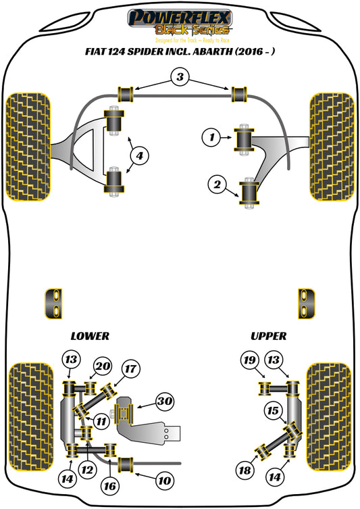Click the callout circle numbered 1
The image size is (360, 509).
(211, 138)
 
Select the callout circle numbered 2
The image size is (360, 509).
(217, 183)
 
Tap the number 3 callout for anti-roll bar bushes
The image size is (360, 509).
(180, 78)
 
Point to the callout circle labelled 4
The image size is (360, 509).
(138, 157)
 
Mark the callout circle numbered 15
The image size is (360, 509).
(273, 410)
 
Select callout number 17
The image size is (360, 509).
(130, 369)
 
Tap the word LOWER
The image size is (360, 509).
(90, 336)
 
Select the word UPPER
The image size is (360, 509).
(268, 336)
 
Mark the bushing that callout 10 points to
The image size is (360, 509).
(128, 465)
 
